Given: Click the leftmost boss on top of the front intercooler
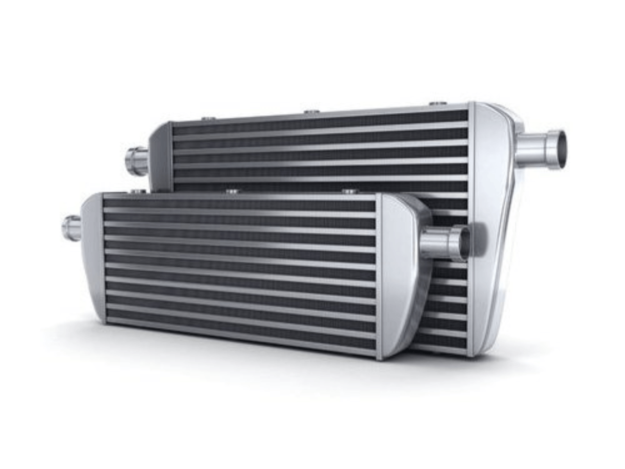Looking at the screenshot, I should coord(137,192).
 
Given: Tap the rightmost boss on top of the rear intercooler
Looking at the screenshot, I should coord(437,104).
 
